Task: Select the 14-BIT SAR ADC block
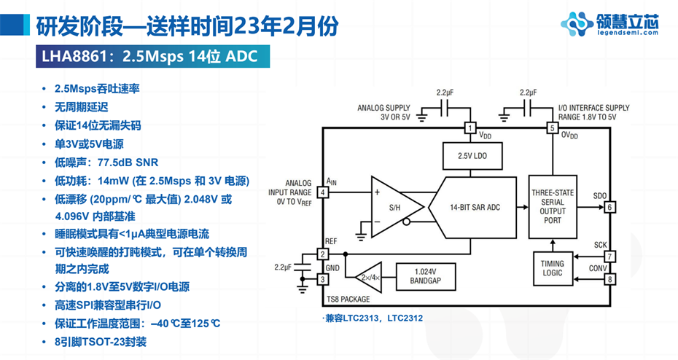coord(475,207)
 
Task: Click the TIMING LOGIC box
coord(553,268)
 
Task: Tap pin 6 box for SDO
coord(610,207)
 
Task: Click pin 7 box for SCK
coord(610,257)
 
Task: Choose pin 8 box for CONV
coord(610,278)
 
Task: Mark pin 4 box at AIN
coord(322,192)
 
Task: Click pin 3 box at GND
coord(322,279)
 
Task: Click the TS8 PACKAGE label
coord(348,299)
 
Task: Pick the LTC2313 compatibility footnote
coord(372,318)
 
